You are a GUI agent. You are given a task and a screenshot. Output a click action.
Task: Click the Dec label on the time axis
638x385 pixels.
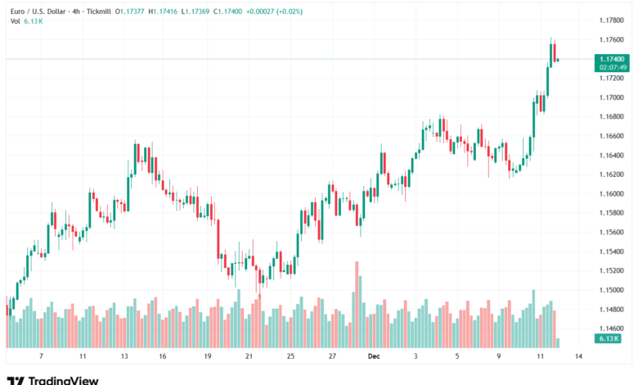pos(373,357)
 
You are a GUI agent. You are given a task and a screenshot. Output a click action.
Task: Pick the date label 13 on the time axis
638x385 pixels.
pos(125,357)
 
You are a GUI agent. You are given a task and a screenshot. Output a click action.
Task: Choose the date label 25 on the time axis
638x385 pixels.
pos(290,357)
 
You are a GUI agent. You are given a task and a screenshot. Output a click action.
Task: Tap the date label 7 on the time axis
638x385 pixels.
pos(40,357)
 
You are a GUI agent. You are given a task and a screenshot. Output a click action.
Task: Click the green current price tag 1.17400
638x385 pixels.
pos(612,59)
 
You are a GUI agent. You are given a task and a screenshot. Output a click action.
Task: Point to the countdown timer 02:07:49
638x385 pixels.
pos(612,67)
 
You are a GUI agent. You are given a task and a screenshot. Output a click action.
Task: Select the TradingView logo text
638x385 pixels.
pos(63,380)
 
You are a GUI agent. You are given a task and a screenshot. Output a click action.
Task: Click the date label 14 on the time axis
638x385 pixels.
pos(578,357)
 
